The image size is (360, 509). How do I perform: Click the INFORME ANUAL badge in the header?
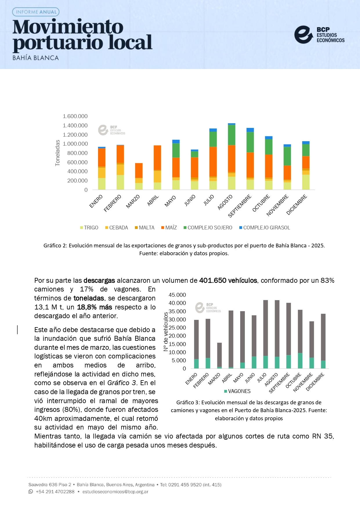click(x=36, y=12)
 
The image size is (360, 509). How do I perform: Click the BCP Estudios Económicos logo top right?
click(x=319, y=35)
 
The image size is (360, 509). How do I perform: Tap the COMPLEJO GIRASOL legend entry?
click(x=265, y=228)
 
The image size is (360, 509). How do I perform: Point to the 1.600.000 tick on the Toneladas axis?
click(x=75, y=116)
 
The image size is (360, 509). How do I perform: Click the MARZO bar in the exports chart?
click(x=139, y=176)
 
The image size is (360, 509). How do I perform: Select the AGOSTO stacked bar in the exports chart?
click(x=231, y=157)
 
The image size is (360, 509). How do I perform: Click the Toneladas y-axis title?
click(x=57, y=153)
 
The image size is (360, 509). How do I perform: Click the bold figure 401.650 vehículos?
click(x=228, y=280)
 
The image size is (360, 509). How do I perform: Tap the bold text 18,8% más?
click(x=95, y=307)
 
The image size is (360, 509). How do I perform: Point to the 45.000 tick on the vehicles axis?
click(x=177, y=295)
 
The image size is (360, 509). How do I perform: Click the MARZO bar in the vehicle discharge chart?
click(x=220, y=356)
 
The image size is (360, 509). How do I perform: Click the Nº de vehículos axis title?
click(x=166, y=332)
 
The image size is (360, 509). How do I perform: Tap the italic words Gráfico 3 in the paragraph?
click(x=121, y=383)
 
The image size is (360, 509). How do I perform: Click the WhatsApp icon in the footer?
click(x=31, y=492)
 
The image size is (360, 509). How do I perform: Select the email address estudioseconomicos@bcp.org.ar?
click(x=115, y=492)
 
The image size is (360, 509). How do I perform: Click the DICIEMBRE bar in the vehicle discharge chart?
click(x=323, y=341)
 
